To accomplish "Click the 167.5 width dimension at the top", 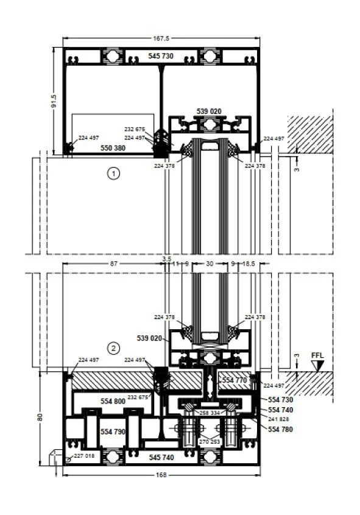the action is coord(161,38).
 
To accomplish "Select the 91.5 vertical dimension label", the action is coord(54,101).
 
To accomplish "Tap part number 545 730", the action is coord(161,56).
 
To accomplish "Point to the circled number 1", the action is coord(113,173).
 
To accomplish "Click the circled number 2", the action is coord(113,348).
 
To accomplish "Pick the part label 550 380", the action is coord(113,148).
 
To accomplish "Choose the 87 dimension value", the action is coord(113,263).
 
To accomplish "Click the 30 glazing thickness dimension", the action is coord(210,263).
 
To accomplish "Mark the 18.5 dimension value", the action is coord(249,263).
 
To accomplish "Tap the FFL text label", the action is coord(317,355).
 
